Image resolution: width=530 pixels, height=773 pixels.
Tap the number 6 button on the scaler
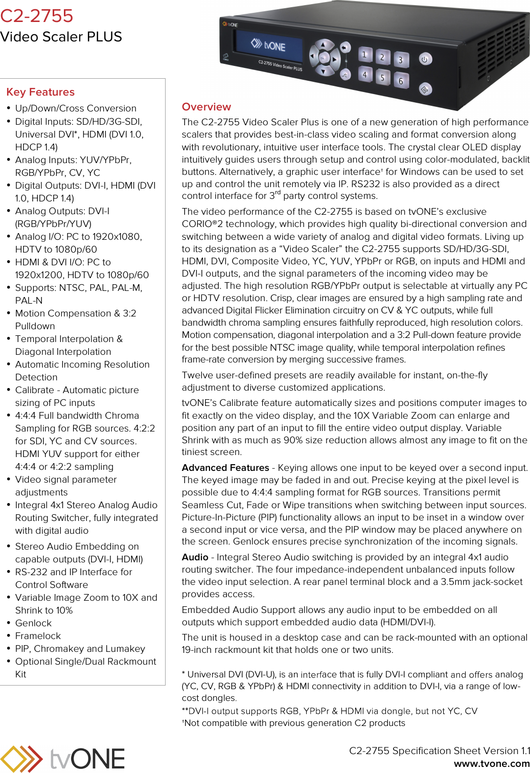click(x=401, y=81)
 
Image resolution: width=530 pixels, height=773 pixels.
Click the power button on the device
click(x=425, y=59)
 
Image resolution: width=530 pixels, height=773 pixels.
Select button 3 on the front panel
click(x=401, y=60)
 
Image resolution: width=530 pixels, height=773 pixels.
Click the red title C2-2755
click(x=37, y=16)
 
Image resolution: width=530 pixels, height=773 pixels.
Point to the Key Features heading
click(x=40, y=92)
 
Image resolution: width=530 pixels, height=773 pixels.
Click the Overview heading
click(x=206, y=107)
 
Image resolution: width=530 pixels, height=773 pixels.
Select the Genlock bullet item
click(x=33, y=623)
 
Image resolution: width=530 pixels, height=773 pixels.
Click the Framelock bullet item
click(x=38, y=636)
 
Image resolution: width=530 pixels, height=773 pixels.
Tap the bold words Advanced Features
click(x=225, y=468)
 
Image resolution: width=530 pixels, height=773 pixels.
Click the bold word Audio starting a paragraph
click(x=195, y=557)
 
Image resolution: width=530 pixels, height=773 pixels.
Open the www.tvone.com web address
click(x=492, y=764)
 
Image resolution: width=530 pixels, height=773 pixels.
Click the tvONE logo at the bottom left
click(x=62, y=758)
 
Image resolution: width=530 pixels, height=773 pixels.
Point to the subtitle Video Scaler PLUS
click(x=61, y=37)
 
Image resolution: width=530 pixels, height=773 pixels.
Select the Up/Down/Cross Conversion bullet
click(x=76, y=108)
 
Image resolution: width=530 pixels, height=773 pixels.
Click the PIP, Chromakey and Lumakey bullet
click(x=80, y=649)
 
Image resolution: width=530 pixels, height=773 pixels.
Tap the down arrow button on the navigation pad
click(x=323, y=72)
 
